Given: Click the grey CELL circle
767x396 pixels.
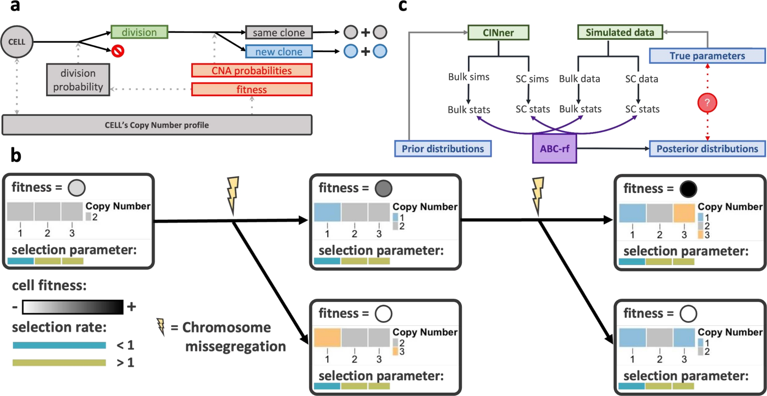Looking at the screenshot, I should point(17,42).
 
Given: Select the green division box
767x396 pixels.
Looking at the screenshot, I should point(139,32).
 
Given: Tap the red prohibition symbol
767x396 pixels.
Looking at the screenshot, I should point(118,51).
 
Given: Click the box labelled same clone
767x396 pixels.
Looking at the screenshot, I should point(279,33).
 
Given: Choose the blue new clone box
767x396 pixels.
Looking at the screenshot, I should point(279,52).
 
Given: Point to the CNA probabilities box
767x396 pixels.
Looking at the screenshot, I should point(251,71).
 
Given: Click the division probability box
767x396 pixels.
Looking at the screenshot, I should point(78,80).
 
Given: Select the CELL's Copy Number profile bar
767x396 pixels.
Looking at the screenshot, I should point(157,125).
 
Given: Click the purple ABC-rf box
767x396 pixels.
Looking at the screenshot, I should point(554,148).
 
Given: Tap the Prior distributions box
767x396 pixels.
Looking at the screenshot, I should point(443,148).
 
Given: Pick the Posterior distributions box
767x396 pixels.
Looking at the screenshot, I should point(707,148).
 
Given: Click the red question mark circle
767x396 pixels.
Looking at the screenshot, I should point(707,103).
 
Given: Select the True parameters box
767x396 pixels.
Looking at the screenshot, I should point(707,56).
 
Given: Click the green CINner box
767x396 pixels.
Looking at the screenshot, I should point(498,33).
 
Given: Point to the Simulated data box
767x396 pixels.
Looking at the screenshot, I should point(619,32).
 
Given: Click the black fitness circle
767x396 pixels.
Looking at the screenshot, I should point(688,189).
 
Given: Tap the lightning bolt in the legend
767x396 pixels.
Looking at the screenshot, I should point(161,327).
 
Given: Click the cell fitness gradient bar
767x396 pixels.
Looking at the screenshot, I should point(73,307).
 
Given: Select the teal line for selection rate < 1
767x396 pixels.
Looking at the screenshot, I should point(59,345).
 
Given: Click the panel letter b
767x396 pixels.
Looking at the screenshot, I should point(15,156).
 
